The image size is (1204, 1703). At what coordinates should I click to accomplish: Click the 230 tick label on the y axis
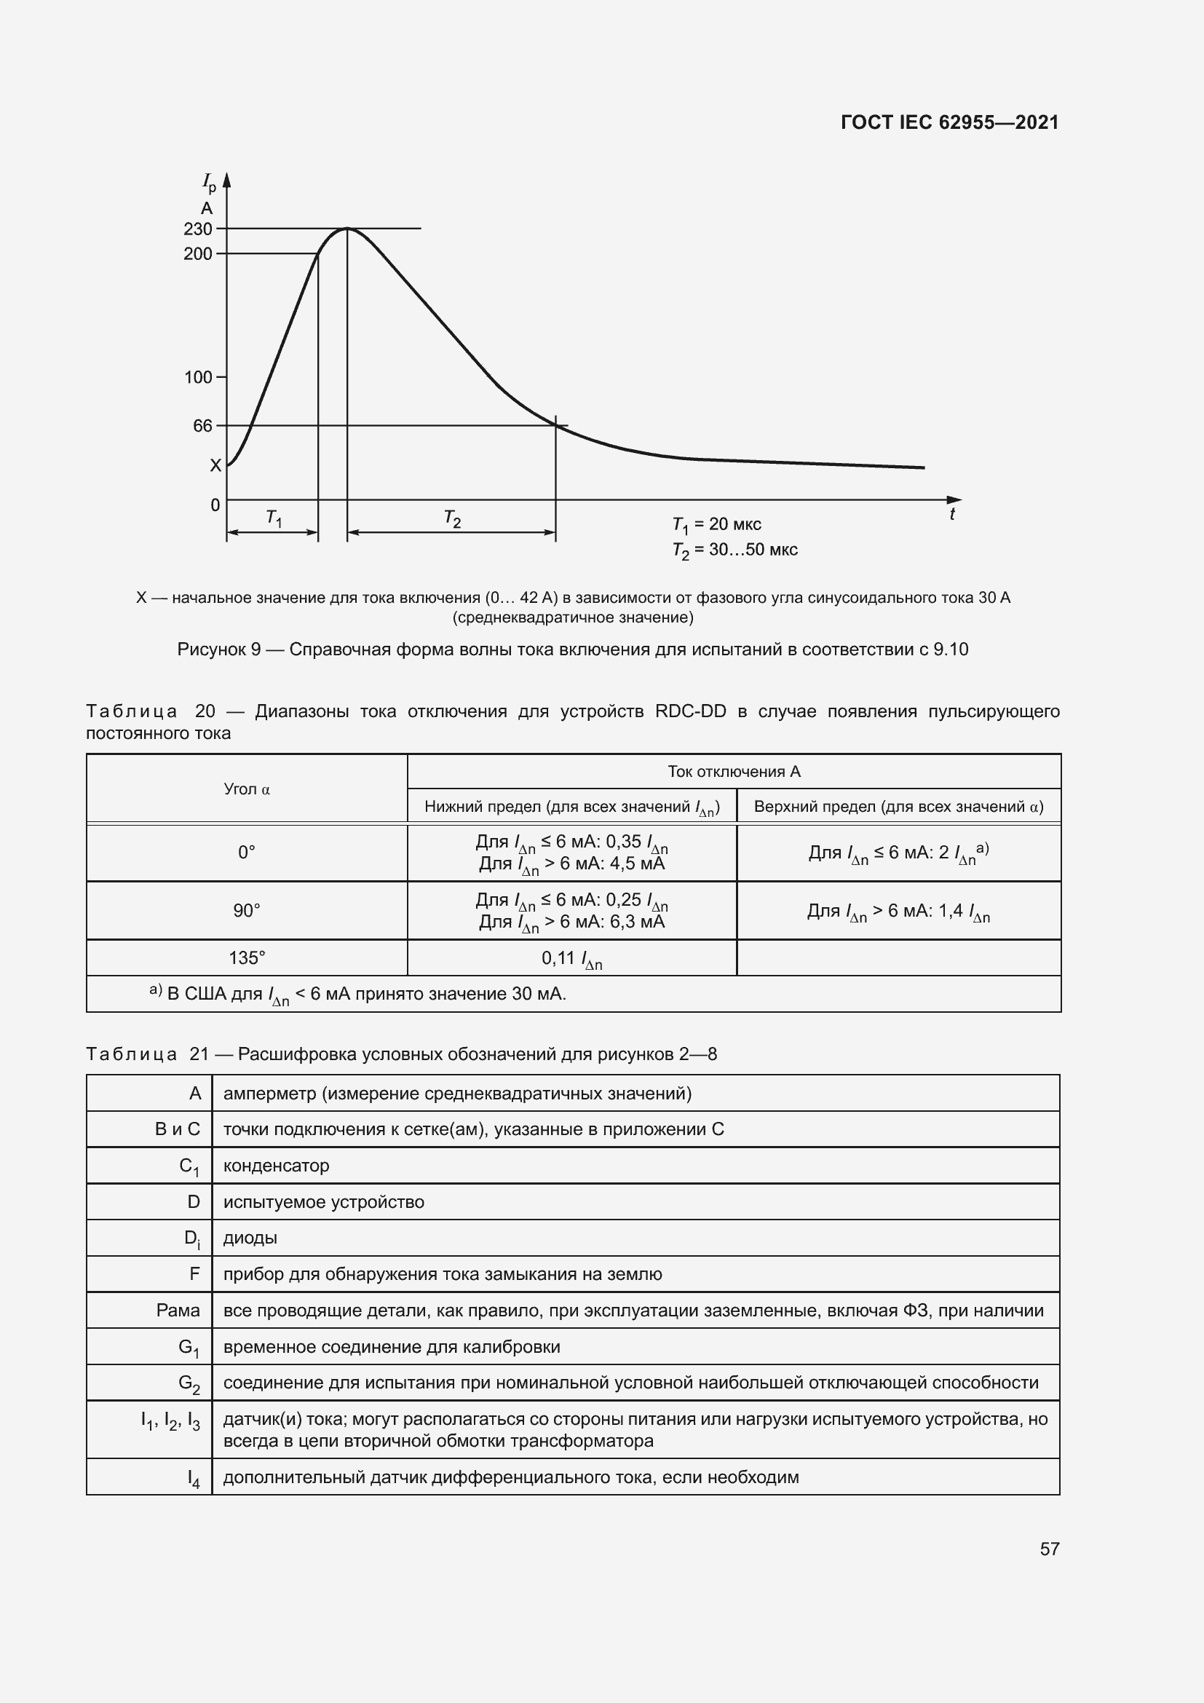198,229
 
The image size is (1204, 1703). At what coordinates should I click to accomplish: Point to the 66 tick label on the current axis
202,426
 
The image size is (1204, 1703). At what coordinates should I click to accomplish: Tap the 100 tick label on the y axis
198,378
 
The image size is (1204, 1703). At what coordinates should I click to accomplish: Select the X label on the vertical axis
215,466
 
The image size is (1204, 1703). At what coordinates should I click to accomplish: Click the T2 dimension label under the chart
452,518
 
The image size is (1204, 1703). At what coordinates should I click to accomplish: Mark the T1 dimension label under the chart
274,518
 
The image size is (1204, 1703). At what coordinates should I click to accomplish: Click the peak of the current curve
347,229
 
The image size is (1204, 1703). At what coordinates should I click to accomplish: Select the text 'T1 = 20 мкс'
716,524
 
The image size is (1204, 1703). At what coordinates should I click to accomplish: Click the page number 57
1049,1549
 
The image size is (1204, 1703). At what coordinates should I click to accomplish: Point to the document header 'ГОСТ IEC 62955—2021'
950,122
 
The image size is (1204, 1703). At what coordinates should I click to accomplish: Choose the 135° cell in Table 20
247,958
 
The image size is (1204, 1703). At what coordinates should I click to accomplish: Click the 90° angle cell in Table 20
247,911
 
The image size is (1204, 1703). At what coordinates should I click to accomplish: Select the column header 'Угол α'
247,789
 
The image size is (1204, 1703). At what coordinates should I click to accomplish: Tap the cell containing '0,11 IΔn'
571,959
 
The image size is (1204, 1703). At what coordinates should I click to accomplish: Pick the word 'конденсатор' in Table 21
276,1166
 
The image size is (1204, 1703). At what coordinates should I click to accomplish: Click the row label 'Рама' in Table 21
178,1311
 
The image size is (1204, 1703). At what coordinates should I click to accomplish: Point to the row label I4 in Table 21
194,1478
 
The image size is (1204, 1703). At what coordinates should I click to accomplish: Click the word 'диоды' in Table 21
250,1238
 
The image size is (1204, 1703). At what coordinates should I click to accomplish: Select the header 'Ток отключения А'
734,771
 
